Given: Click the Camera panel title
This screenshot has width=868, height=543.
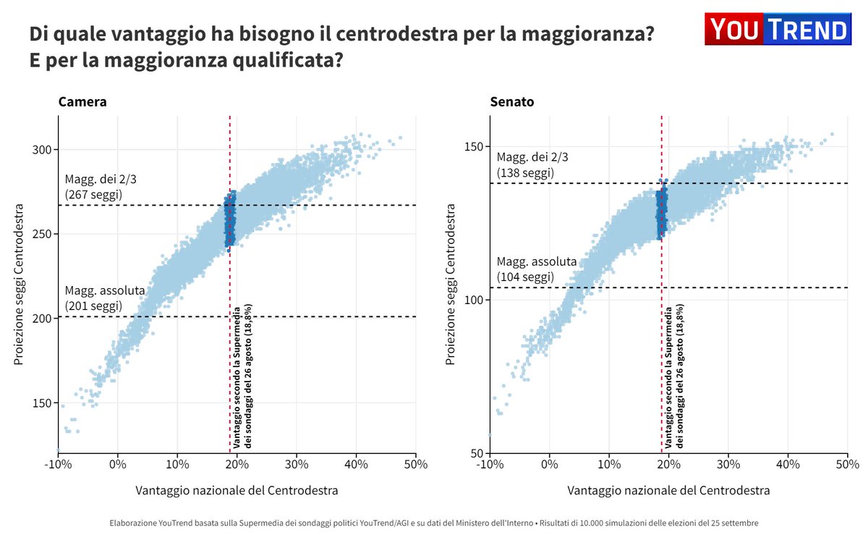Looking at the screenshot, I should [x=82, y=102].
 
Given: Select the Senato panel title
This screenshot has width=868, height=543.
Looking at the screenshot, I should [x=512, y=102].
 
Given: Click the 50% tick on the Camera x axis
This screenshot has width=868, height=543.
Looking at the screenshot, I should [x=415, y=464].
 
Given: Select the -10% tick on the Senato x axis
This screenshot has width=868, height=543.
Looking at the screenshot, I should [x=490, y=464].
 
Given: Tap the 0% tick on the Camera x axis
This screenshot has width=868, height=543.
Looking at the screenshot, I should [x=118, y=464].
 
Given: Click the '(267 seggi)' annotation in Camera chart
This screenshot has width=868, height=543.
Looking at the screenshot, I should [x=93, y=195].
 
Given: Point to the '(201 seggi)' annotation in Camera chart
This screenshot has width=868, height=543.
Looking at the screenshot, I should [x=93, y=306].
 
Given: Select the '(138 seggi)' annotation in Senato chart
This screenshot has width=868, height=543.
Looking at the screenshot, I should [x=525, y=173].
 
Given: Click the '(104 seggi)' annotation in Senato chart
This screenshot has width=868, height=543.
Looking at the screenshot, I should [x=525, y=277].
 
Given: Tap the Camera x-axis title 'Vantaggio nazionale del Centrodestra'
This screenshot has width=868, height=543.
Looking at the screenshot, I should [x=237, y=491].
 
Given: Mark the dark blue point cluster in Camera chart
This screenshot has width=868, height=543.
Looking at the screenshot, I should [x=230, y=221].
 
